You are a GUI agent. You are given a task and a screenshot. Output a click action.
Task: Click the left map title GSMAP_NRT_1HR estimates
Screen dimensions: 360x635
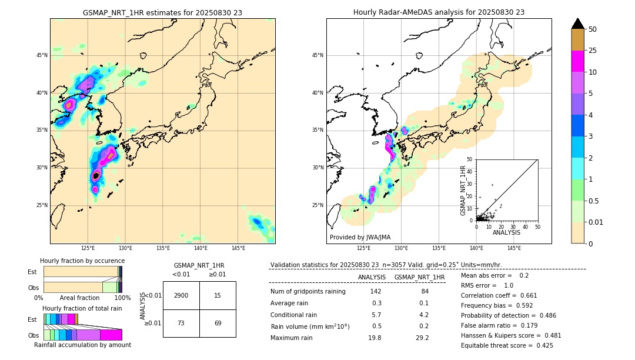[x=162, y=12]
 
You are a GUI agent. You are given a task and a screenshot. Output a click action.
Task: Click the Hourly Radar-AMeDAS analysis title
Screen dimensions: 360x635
[x=439, y=12]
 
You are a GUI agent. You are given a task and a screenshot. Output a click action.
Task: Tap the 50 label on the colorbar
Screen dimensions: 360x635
[x=593, y=29]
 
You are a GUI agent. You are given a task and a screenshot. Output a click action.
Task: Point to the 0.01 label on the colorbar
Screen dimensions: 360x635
[x=596, y=222]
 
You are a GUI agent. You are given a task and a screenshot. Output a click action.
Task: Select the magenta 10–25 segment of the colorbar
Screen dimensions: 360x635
[x=578, y=61]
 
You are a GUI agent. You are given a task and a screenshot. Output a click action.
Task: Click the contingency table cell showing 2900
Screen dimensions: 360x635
[x=181, y=295]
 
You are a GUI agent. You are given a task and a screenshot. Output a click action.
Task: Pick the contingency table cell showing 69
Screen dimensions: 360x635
[x=218, y=323]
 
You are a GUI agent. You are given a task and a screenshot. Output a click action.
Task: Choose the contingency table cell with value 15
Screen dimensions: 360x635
[x=218, y=295]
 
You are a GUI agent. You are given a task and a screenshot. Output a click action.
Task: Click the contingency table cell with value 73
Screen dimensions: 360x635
[x=181, y=323]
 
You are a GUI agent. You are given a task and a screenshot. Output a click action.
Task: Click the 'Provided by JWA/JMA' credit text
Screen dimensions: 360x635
[x=360, y=238]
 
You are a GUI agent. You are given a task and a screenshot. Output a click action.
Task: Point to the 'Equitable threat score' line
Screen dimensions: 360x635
[x=507, y=345]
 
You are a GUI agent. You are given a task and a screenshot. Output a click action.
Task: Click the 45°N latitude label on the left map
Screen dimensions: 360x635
[x=42, y=55]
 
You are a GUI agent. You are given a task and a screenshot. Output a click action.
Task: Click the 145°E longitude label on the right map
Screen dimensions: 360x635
[x=514, y=248]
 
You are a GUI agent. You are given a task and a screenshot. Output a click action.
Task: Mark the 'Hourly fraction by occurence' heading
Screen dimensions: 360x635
[x=82, y=261]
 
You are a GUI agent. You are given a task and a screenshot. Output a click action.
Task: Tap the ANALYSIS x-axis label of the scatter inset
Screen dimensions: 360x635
[x=506, y=232]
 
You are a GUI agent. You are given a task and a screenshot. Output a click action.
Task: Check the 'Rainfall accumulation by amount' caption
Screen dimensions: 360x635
[x=82, y=345]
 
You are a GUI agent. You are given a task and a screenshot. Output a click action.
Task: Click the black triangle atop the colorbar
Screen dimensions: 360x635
[x=578, y=24]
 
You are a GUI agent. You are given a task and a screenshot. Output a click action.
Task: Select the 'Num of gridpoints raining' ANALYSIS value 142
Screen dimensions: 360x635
[x=376, y=292]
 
